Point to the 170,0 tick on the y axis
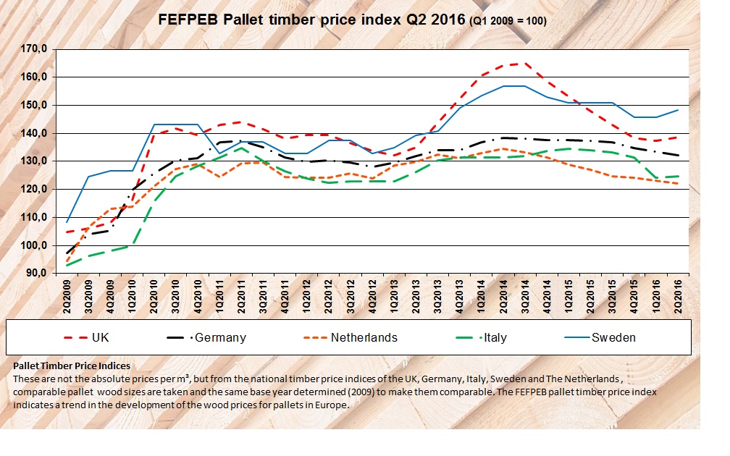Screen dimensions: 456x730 click(34, 49)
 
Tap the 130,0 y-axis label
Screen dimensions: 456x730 click(34, 161)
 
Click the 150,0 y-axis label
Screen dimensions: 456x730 click(34, 105)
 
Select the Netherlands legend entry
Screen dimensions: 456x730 click(363, 337)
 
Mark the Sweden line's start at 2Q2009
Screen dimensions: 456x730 click(68, 221)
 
